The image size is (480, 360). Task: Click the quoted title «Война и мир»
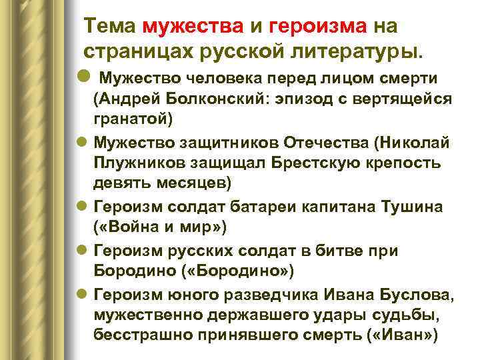(x=161, y=227)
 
